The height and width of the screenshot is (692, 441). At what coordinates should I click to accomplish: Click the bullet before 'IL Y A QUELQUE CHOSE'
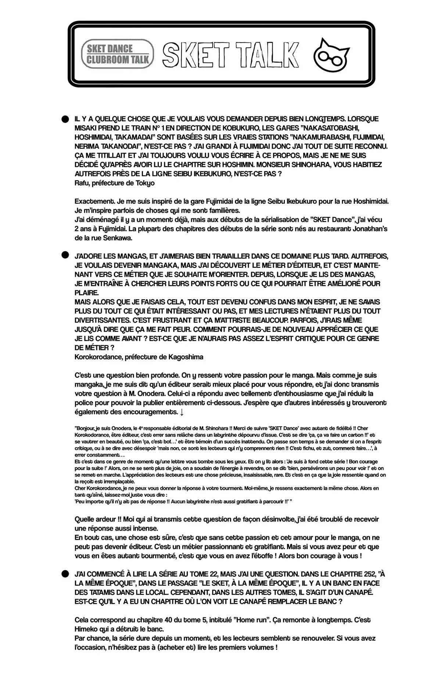(x=65, y=119)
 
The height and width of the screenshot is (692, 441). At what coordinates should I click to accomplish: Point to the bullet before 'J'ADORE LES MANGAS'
(x=65, y=255)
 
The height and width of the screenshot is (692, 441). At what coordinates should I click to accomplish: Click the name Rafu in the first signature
(x=82, y=183)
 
